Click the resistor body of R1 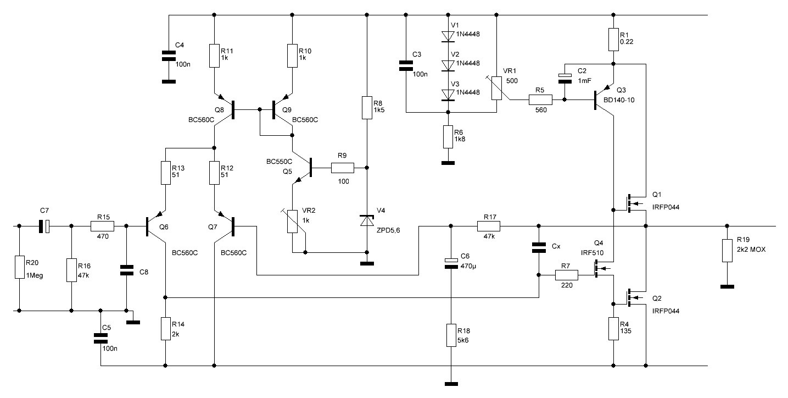pos(613,40)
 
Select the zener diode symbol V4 pos(367,220)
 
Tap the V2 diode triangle pos(448,65)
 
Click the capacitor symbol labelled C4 pos(169,56)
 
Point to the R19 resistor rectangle pos(727,251)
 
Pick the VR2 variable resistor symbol pos(292,222)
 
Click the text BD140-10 pos(619,100)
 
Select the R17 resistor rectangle pos(489,226)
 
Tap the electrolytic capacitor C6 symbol pos(451,263)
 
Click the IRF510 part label pos(592,252)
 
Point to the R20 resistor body pos(19,267)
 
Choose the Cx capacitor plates pos(539,247)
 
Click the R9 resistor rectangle pos(342,168)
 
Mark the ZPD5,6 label pos(388,230)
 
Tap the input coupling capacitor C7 pos(44,226)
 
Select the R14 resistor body pos(166,329)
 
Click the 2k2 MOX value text pos(751,250)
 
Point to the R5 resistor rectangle pos(540,99)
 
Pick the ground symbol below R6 pos(448,163)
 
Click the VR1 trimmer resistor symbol pos(496,88)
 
